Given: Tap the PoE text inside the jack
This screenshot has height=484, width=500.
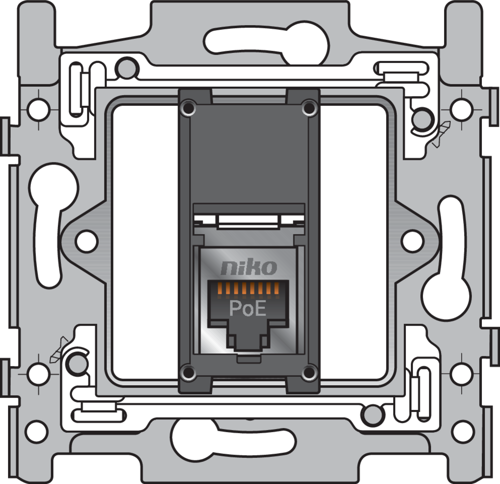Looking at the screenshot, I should point(247,308).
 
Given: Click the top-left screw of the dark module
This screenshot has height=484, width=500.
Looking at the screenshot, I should point(189,107).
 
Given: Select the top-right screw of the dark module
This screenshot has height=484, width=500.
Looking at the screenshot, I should point(308,107).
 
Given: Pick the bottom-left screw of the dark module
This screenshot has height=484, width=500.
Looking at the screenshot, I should point(189,373).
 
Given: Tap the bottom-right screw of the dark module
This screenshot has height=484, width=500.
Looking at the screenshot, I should point(308,373).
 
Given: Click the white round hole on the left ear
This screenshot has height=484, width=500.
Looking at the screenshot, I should point(86,240).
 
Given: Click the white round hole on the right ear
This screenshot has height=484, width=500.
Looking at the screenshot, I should point(412,240).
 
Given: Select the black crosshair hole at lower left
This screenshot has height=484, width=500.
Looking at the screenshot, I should point(38,374).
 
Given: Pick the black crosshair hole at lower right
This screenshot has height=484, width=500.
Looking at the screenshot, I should point(461,374).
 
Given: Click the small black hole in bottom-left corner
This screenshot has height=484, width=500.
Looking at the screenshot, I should point(36,431).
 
